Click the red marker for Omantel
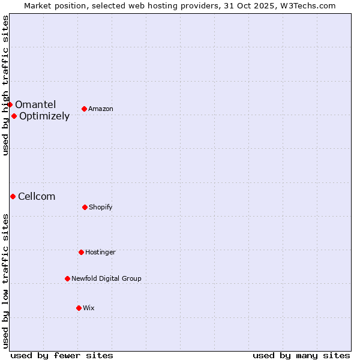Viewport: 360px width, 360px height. click(10, 105)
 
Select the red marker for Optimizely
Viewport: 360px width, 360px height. click(14, 116)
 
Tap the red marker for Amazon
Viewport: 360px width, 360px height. click(84, 109)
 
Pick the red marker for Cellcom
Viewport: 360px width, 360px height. click(13, 196)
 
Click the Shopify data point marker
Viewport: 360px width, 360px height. click(85, 207)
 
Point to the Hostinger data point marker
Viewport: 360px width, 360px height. click(81, 252)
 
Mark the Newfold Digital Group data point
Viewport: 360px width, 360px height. click(67, 278)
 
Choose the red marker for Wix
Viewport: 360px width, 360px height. click(79, 308)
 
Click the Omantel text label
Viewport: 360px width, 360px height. click(35, 105)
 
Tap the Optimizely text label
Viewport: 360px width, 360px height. click(44, 116)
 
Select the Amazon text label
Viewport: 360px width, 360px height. click(101, 109)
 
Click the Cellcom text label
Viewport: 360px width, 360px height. click(37, 197)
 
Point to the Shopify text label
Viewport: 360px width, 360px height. click(101, 208)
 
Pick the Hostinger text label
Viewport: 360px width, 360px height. click(100, 253)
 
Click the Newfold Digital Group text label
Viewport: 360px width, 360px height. click(106, 279)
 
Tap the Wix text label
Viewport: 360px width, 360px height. click(89, 308)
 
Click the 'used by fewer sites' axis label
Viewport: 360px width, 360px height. click(62, 355)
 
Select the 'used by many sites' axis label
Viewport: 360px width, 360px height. click(301, 355)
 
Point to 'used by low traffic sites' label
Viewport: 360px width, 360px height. click(5, 281)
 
